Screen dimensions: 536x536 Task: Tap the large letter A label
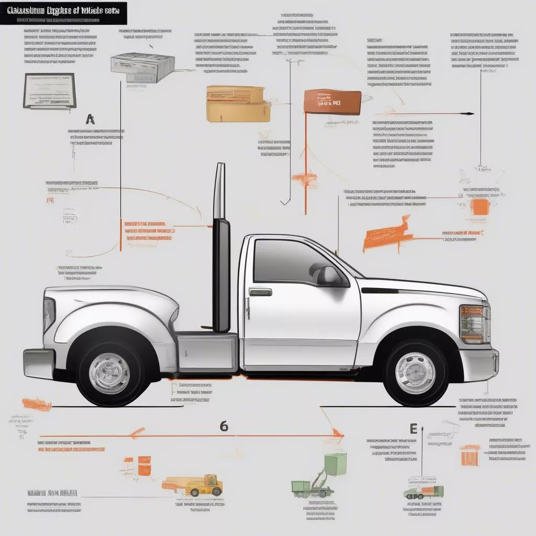click(x=90, y=119)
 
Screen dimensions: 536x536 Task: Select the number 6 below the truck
click(x=224, y=426)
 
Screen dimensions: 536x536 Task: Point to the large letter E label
click(x=413, y=429)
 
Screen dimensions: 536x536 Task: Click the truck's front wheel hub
click(x=415, y=373)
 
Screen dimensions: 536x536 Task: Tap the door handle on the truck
click(x=260, y=292)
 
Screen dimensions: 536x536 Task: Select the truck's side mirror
click(x=327, y=274)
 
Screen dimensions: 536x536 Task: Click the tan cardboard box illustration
click(x=238, y=103)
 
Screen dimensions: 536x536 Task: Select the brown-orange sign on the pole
click(x=332, y=102)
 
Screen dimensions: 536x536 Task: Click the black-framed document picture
click(x=50, y=91)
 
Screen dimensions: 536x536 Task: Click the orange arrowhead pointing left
click(x=137, y=433)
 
